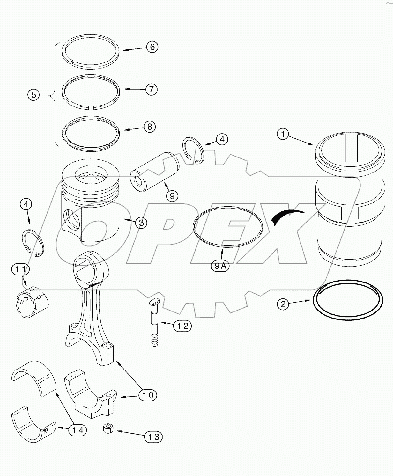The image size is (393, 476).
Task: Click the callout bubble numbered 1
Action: pyautogui.click(x=283, y=134)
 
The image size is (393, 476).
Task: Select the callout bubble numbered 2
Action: pyautogui.click(x=283, y=304)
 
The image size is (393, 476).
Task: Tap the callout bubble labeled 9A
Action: pyautogui.click(x=220, y=266)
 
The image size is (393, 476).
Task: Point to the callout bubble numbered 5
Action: pyautogui.click(x=33, y=95)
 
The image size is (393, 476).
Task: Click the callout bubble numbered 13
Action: pyautogui.click(x=153, y=436)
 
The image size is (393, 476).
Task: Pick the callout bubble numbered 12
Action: pyautogui.click(x=182, y=326)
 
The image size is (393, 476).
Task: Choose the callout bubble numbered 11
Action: pyautogui.click(x=21, y=269)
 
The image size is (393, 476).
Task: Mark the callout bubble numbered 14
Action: pyautogui.click(x=78, y=430)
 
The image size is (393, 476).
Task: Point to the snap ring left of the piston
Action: pyautogui.click(x=33, y=243)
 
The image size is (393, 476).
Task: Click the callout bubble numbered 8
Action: pyautogui.click(x=149, y=127)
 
